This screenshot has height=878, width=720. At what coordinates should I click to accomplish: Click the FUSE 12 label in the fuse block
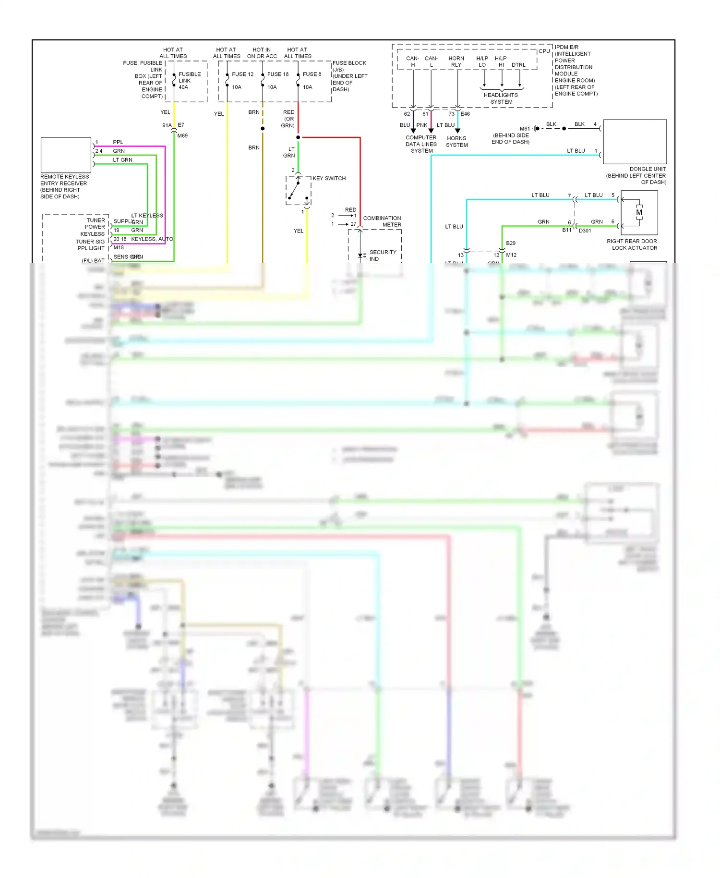pyautogui.click(x=242, y=74)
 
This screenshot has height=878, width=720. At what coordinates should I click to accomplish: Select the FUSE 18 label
pyautogui.click(x=278, y=74)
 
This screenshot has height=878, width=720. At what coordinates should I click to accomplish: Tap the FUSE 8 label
pyautogui.click(x=312, y=74)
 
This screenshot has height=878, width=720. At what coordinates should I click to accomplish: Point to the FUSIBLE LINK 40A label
pyautogui.click(x=189, y=81)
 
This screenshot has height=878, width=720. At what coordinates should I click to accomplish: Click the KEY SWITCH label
pyautogui.click(x=329, y=178)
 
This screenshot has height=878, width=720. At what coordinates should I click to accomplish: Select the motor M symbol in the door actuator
pyautogui.click(x=639, y=212)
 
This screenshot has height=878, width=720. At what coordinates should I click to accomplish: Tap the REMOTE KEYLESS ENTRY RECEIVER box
pyautogui.click(x=66, y=155)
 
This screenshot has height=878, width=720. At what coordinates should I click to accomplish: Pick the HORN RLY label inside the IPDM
pyautogui.click(x=456, y=61)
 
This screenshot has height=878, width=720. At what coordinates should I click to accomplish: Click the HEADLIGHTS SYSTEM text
pyautogui.click(x=501, y=98)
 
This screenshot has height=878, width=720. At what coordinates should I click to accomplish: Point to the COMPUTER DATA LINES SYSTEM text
pyautogui.click(x=421, y=144)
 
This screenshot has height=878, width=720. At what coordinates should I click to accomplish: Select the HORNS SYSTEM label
pyautogui.click(x=456, y=142)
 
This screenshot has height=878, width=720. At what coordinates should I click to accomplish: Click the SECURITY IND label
pyautogui.click(x=382, y=255)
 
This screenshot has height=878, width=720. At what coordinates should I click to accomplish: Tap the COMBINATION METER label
pyautogui.click(x=382, y=221)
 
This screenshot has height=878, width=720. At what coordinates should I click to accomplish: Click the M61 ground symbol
pyautogui.click(x=536, y=128)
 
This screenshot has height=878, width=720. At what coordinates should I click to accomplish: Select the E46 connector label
pyautogui.click(x=465, y=114)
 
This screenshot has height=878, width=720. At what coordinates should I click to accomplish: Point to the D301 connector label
pyautogui.click(x=585, y=231)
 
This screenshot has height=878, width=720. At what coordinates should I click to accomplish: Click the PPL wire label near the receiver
pyautogui.click(x=118, y=142)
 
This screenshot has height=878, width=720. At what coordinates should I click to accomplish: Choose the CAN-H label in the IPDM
pyautogui.click(x=412, y=61)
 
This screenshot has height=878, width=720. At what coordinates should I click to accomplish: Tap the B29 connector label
pyautogui.click(x=511, y=243)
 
